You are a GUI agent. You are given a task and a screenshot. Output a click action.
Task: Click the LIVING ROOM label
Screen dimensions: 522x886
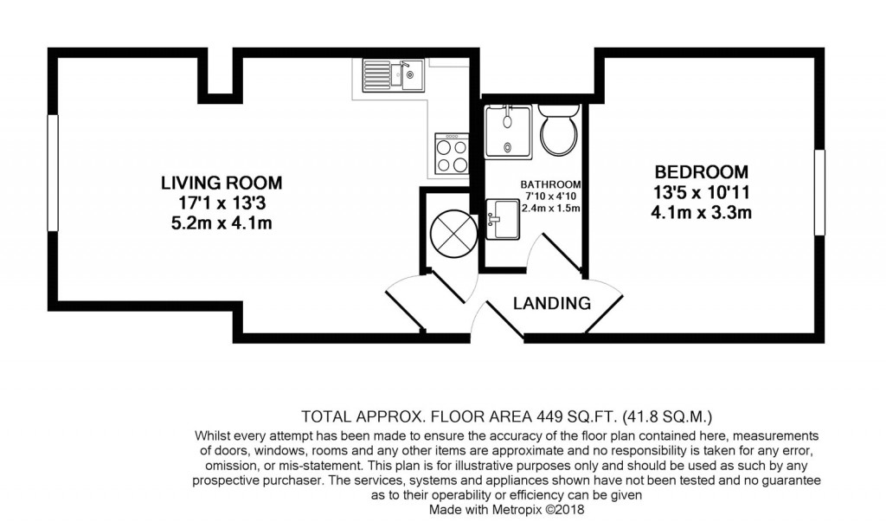221,183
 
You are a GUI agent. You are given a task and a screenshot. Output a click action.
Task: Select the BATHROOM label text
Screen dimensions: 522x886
550,184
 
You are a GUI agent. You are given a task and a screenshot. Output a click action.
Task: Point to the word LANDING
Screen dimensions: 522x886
552,304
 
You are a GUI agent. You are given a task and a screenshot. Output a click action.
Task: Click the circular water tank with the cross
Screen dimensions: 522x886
451,231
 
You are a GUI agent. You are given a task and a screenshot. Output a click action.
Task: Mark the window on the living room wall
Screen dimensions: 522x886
53,174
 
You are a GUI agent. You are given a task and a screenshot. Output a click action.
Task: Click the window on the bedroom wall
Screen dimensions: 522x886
819,191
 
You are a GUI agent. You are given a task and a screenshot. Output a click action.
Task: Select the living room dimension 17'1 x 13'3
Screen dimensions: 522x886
221,203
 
